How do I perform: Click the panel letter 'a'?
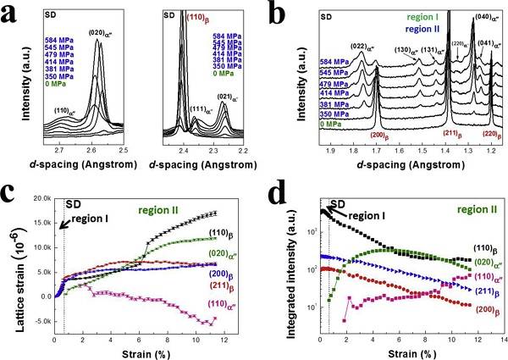13,16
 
